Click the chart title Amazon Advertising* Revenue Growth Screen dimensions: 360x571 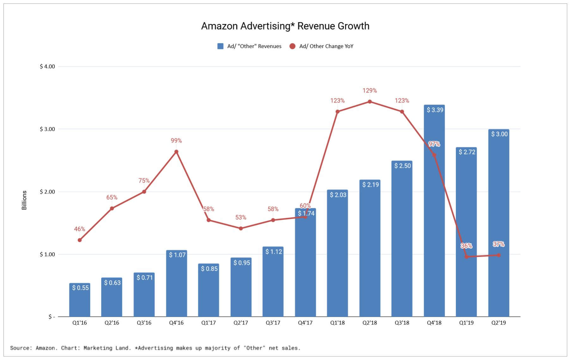pyautogui.click(x=285, y=26)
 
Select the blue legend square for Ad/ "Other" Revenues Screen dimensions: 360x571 pyautogui.click(x=220, y=46)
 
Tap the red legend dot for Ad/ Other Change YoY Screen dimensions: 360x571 pyautogui.click(x=292, y=46)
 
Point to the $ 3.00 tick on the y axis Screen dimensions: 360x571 pyautogui.click(x=47, y=129)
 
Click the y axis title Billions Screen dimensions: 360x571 pyautogui.click(x=24, y=200)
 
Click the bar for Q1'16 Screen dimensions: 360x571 pyautogui.click(x=80, y=300)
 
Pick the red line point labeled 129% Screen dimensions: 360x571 pyautogui.click(x=370, y=102)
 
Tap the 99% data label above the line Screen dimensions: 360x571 pyautogui.click(x=176, y=141)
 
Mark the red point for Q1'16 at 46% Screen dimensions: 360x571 pyautogui.click(x=80, y=240)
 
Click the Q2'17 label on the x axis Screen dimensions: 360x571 pyautogui.click(x=241, y=323)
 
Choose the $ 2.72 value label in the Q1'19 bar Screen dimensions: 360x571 pyautogui.click(x=467, y=152)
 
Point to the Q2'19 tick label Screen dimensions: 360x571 pyautogui.click(x=499, y=323)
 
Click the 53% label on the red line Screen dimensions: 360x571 pyautogui.click(x=241, y=217)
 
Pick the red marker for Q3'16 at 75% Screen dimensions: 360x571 pyautogui.click(x=144, y=192)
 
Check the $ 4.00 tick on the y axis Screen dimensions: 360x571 pyautogui.click(x=47, y=66)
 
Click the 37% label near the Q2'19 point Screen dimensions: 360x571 pyautogui.click(x=499, y=244)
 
